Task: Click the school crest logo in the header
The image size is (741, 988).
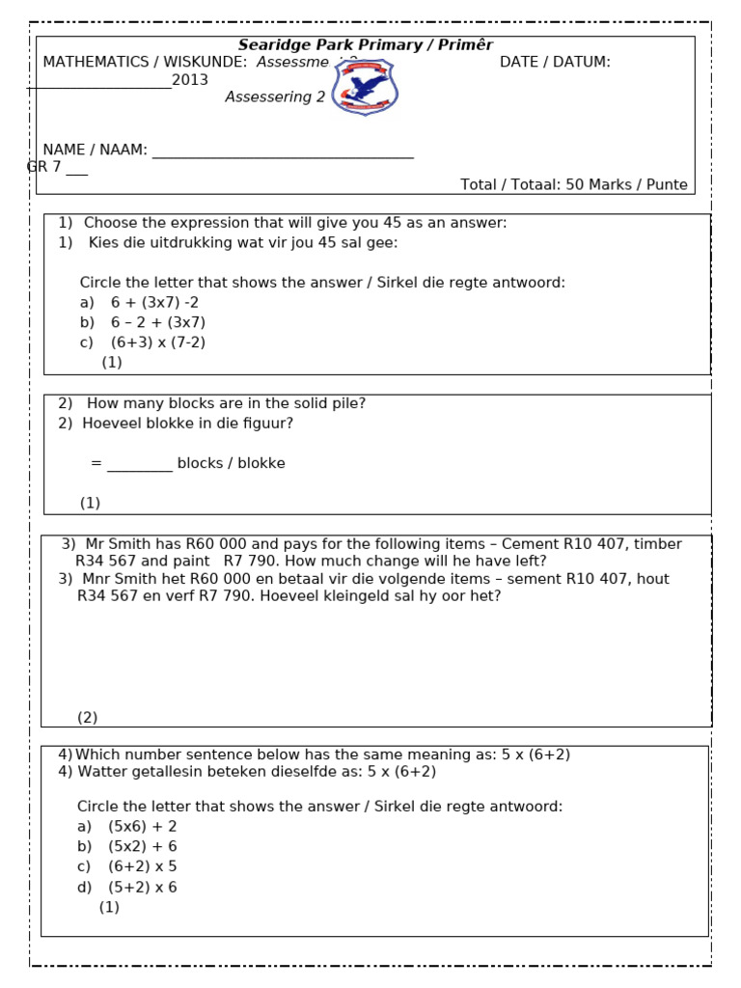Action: [x=365, y=87]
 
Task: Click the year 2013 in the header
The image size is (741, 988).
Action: [x=190, y=80]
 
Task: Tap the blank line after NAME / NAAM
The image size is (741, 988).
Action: [x=283, y=153]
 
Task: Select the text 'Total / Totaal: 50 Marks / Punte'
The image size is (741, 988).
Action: [x=574, y=184]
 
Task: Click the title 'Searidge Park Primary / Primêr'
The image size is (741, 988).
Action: [x=366, y=45]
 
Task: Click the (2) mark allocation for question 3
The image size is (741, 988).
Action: [x=88, y=717]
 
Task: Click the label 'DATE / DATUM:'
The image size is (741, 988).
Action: [x=555, y=62]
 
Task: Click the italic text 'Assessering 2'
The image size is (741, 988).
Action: [x=275, y=97]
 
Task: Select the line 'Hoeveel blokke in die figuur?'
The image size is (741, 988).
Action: [x=187, y=423]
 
